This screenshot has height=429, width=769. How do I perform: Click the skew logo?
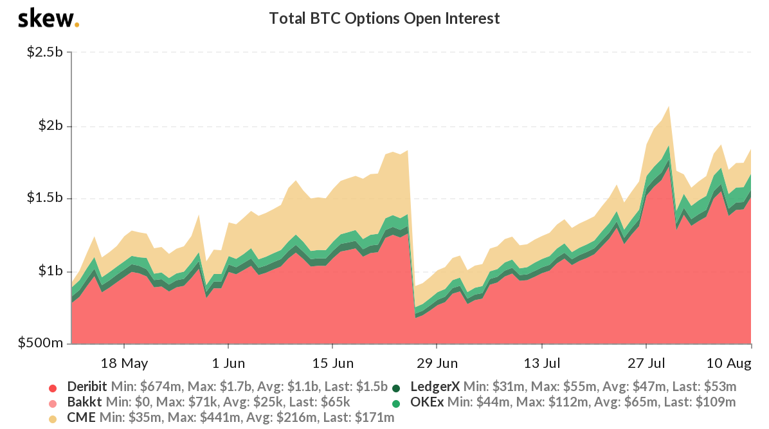point(48,19)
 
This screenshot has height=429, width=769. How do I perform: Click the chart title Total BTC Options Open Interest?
point(384,18)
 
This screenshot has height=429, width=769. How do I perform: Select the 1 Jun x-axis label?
point(228,363)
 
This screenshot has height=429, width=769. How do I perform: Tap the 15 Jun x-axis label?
point(332,363)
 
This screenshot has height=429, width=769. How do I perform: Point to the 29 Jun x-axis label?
point(437,363)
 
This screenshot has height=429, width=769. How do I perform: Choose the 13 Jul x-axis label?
point(541,363)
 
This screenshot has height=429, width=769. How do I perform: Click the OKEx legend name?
point(426,403)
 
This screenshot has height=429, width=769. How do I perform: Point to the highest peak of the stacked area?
point(669,107)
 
